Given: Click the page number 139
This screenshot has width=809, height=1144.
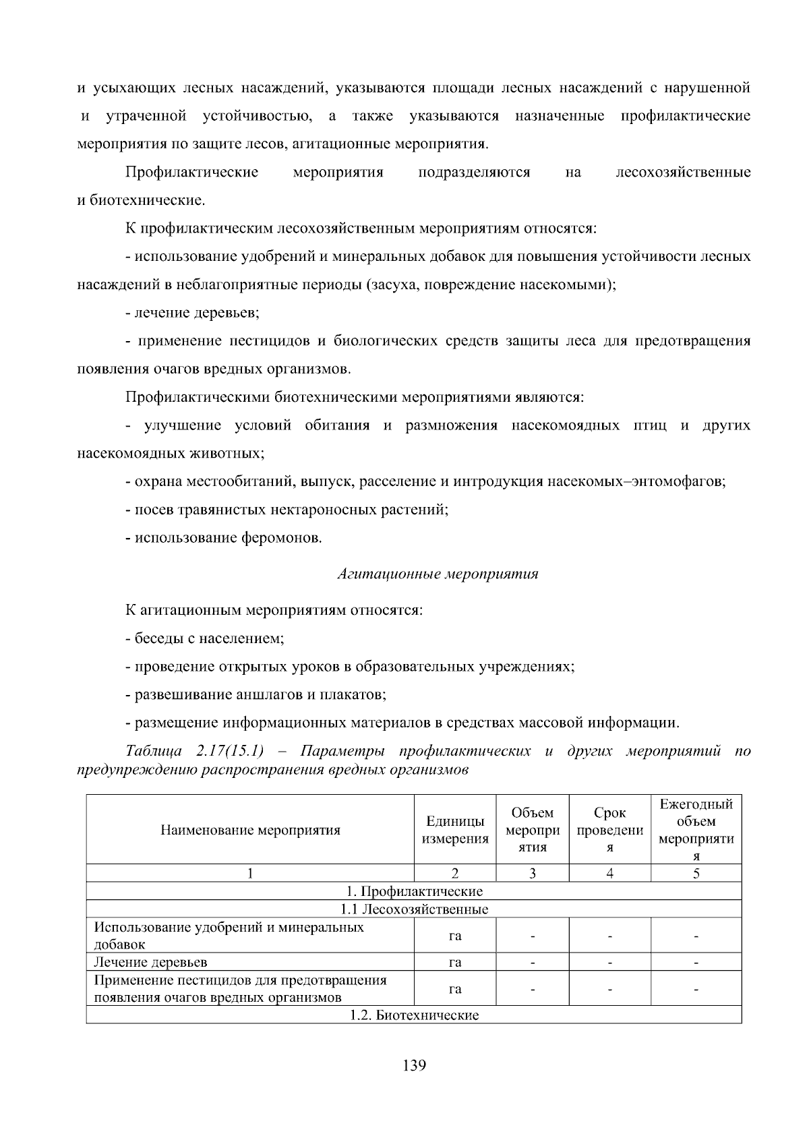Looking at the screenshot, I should [414, 1066].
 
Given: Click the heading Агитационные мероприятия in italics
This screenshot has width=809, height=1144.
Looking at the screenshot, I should [438, 574].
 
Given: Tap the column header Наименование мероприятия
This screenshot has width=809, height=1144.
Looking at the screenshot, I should [250, 830].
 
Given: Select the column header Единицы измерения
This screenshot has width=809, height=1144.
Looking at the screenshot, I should [455, 830].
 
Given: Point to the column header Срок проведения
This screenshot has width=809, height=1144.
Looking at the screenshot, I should [609, 830].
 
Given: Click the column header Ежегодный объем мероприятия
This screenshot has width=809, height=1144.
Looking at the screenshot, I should [696, 830].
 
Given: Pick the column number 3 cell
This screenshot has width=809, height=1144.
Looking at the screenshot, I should [532, 874].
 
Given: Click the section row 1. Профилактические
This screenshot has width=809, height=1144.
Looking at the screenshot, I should [414, 891].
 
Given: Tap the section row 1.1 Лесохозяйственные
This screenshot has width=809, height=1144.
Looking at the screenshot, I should [414, 909].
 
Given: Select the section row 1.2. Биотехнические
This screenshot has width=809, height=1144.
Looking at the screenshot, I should [414, 1015].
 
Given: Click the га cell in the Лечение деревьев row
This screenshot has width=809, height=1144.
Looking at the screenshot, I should [455, 962].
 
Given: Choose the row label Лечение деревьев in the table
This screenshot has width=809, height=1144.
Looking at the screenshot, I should [151, 962].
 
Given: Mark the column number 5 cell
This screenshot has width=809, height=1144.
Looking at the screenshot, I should [696, 874].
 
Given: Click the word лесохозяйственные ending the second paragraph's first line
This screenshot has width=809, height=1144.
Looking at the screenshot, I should [683, 173].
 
